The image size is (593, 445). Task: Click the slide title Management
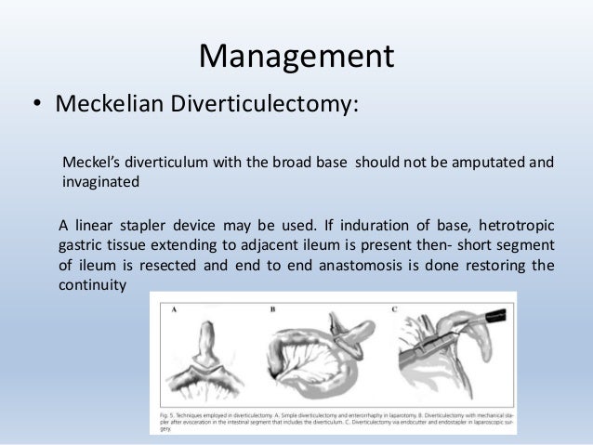(296, 57)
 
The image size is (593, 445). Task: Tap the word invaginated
(100, 182)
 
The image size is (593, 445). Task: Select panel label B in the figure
(275, 306)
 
